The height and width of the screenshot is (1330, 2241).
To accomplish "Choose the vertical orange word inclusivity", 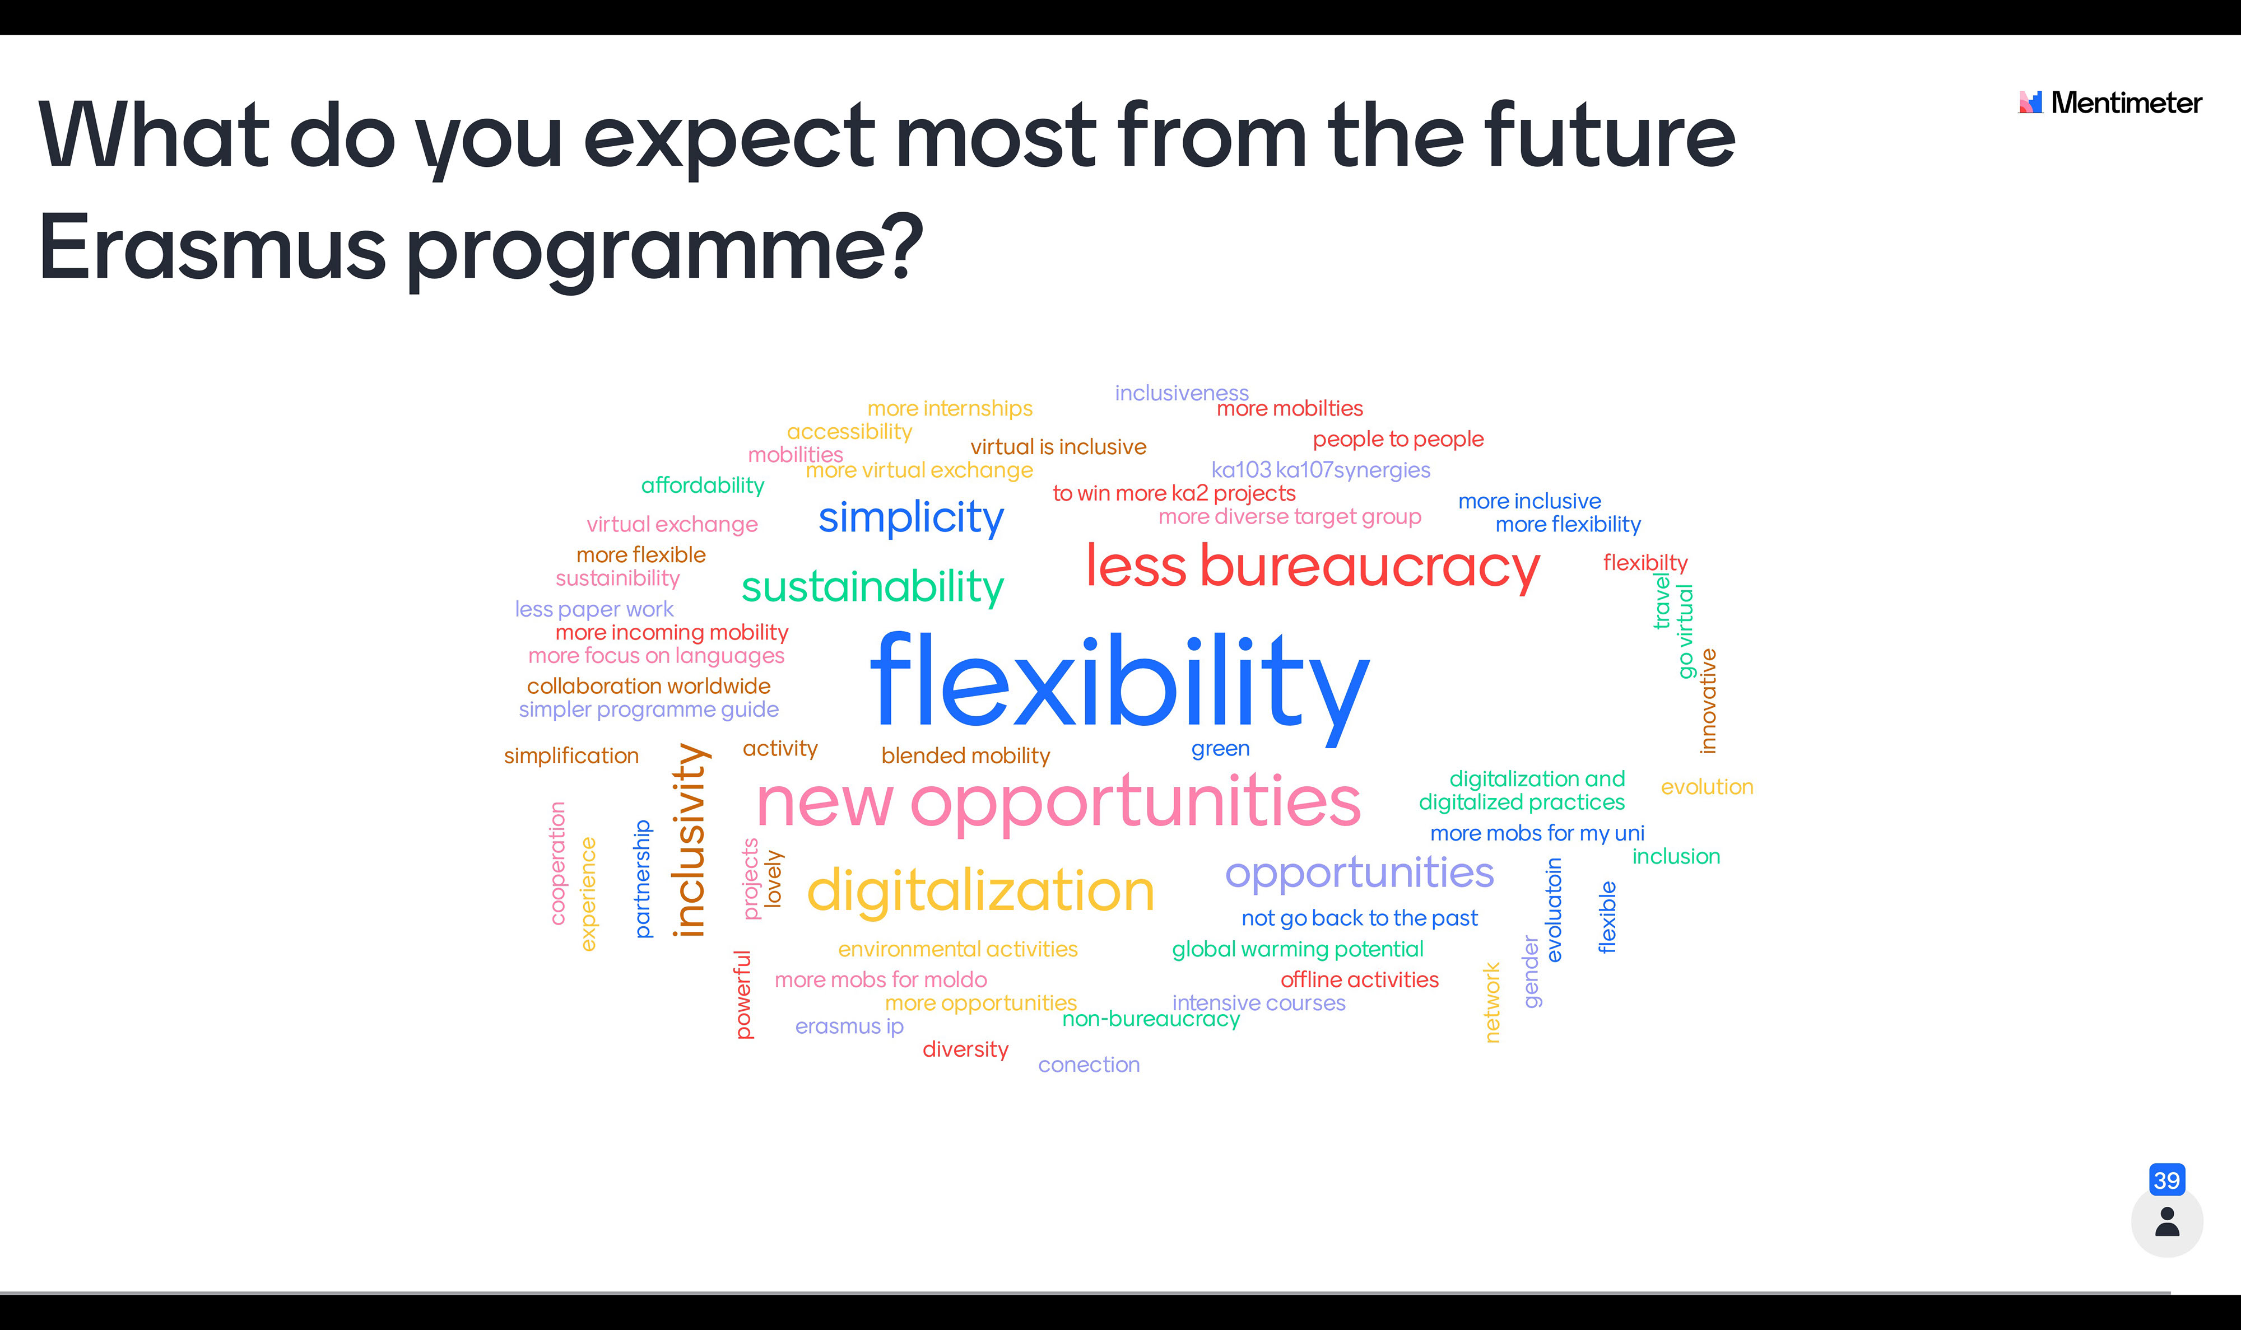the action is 691,840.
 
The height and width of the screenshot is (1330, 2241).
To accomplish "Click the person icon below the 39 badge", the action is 2166,1221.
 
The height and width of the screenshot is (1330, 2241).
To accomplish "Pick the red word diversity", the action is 965,1049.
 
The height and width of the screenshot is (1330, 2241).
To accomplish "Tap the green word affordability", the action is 703,486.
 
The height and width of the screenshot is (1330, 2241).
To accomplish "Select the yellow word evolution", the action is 1707,787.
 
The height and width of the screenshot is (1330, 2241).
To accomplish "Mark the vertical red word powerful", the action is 743,995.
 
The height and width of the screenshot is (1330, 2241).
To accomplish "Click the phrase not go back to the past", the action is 1360,918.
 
